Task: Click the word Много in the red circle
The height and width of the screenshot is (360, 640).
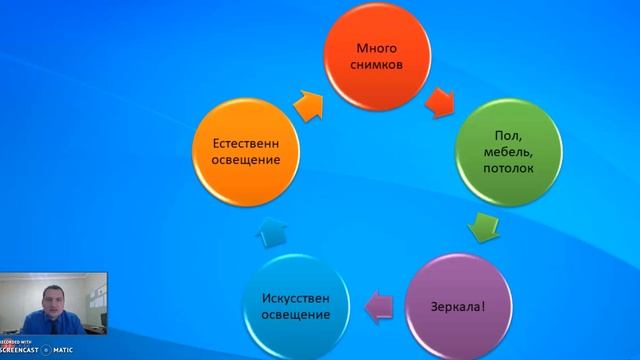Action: (x=378, y=48)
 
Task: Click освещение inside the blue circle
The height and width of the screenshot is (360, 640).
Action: (x=296, y=316)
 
